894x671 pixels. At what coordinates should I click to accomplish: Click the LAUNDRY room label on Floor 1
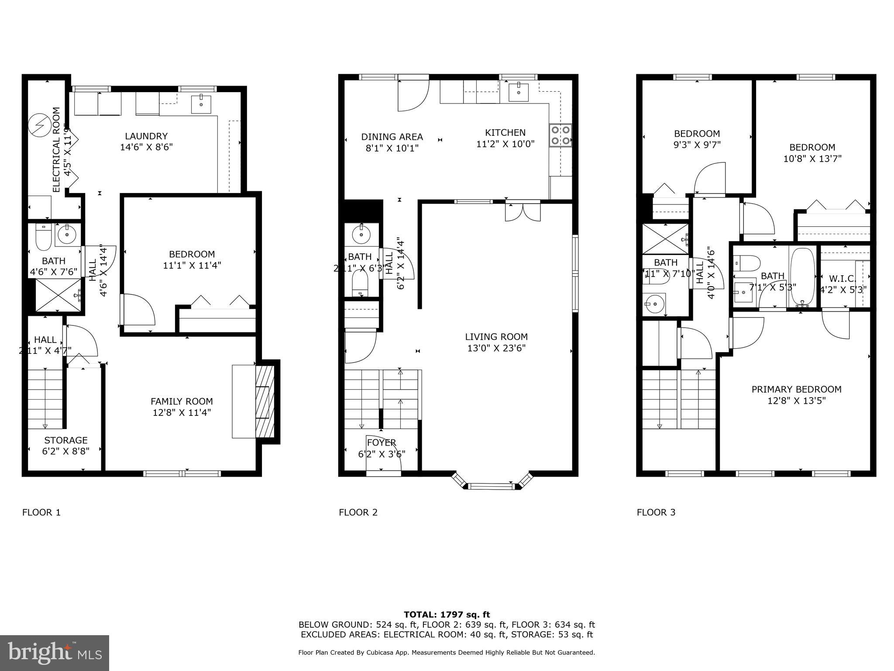tap(146, 136)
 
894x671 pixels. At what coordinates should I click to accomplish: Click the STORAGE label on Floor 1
tap(66, 440)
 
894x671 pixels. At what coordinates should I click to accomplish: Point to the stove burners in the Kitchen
tap(560, 135)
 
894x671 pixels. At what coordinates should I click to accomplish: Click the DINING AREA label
tap(392, 137)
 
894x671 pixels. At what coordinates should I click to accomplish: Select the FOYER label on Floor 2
tap(382, 443)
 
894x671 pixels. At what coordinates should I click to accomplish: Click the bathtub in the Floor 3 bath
tap(802, 277)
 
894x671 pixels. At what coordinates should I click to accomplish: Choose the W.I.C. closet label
tap(842, 278)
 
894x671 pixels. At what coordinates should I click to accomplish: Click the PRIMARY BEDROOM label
tap(796, 389)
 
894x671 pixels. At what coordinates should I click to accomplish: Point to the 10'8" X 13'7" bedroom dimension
tap(812, 159)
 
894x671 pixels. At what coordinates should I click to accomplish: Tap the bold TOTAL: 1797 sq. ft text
tap(447, 615)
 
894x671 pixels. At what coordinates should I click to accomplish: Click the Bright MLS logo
tap(55, 653)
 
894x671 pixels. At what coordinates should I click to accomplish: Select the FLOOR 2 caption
tap(358, 512)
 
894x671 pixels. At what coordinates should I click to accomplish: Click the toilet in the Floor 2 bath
tap(360, 282)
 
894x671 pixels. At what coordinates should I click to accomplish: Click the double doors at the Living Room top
tap(523, 212)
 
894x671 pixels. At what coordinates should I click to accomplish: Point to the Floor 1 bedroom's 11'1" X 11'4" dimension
tap(192, 265)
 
